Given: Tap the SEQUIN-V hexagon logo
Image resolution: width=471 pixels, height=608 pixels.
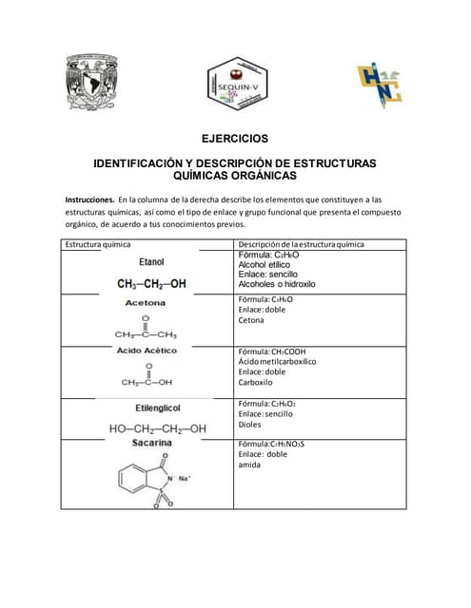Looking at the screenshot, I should (x=235, y=86).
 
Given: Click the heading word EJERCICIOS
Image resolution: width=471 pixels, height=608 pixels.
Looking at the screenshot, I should (x=234, y=139).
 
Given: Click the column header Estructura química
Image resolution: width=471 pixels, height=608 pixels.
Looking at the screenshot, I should (x=96, y=244).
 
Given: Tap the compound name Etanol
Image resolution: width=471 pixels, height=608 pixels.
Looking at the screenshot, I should (x=151, y=261).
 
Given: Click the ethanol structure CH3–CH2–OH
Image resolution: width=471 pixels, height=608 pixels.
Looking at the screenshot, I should (x=151, y=283).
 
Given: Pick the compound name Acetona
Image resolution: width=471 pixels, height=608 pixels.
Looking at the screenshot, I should (x=146, y=303).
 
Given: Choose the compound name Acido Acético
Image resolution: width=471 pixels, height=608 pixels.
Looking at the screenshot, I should (x=147, y=351).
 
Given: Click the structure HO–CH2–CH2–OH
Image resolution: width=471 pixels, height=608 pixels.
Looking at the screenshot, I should (x=157, y=428).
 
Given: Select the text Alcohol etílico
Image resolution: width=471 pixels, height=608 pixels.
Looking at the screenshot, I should (x=265, y=265).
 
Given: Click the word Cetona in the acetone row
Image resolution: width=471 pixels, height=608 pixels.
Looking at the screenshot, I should (x=252, y=320).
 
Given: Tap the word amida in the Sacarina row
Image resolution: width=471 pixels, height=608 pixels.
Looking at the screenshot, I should (x=251, y=465).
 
